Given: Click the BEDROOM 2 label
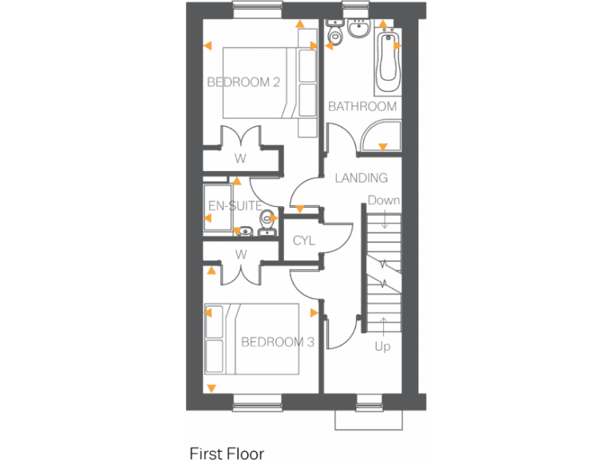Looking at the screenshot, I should [x=243, y=81].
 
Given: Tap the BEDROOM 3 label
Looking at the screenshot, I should [x=277, y=342].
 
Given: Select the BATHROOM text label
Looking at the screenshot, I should [x=362, y=106].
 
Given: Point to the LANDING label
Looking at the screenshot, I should [x=361, y=178].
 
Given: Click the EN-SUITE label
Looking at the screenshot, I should [x=235, y=206].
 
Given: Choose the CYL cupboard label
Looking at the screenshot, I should [x=304, y=240].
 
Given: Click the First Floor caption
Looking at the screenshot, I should [x=227, y=453].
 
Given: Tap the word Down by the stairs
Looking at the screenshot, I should [x=384, y=200].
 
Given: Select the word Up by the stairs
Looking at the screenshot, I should [x=383, y=347].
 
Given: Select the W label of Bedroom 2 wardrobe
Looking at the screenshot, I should [x=239, y=158].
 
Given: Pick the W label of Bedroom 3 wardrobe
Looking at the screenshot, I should [x=239, y=254].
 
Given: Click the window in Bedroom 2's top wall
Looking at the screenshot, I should [x=257, y=10].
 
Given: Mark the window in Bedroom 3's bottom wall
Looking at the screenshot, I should [x=257, y=402].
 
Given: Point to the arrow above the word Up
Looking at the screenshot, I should [x=383, y=326].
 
